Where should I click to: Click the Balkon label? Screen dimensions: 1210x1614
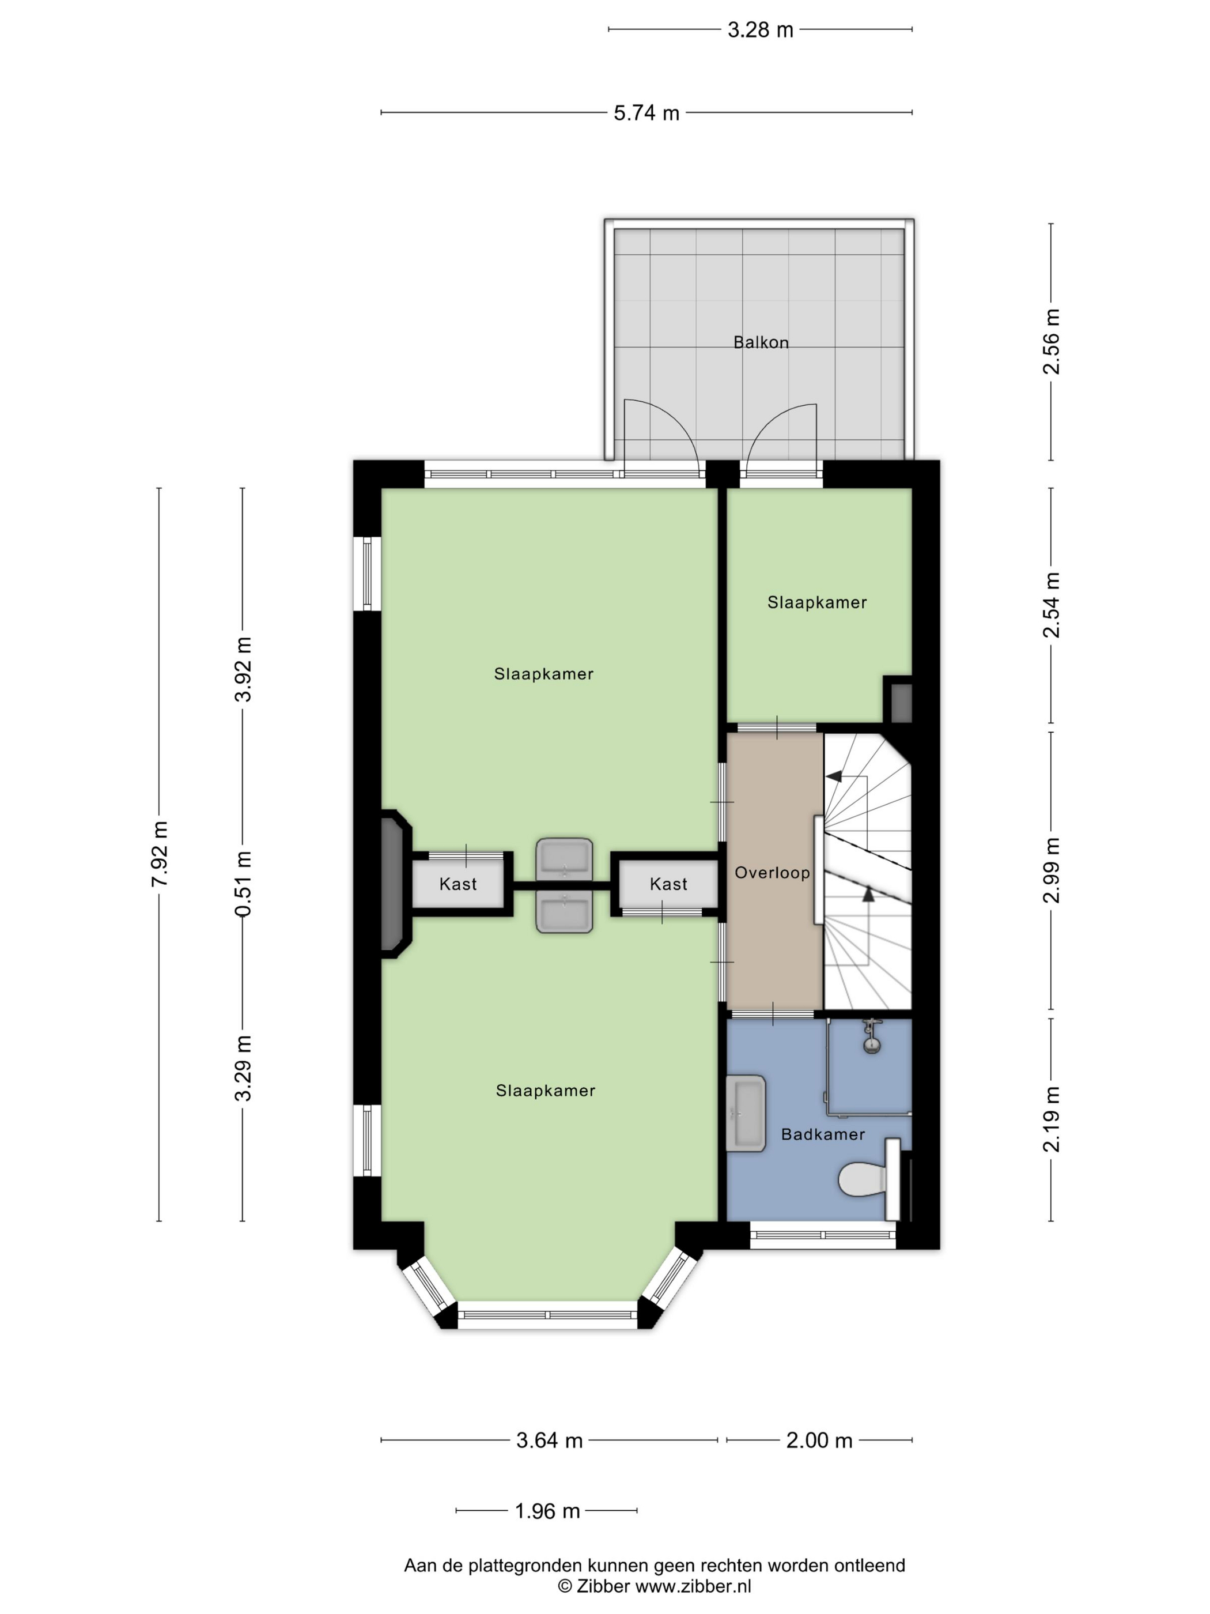[x=761, y=342]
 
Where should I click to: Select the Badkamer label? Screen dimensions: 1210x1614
[x=823, y=1134]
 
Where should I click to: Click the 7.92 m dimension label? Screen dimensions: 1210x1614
[x=160, y=854]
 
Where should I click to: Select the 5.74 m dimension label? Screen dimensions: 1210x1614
[x=646, y=113]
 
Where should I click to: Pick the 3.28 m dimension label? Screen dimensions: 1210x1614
[x=760, y=30]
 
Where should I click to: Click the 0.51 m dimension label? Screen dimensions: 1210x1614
[x=243, y=884]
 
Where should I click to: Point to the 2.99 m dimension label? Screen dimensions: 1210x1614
[x=1051, y=870]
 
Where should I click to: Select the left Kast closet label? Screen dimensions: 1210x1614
[x=458, y=884]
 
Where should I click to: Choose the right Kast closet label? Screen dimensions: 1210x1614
[x=669, y=884]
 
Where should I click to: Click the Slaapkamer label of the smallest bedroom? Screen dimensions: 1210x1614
[x=817, y=603]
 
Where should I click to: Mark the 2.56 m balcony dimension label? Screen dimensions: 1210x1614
[x=1051, y=341]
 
